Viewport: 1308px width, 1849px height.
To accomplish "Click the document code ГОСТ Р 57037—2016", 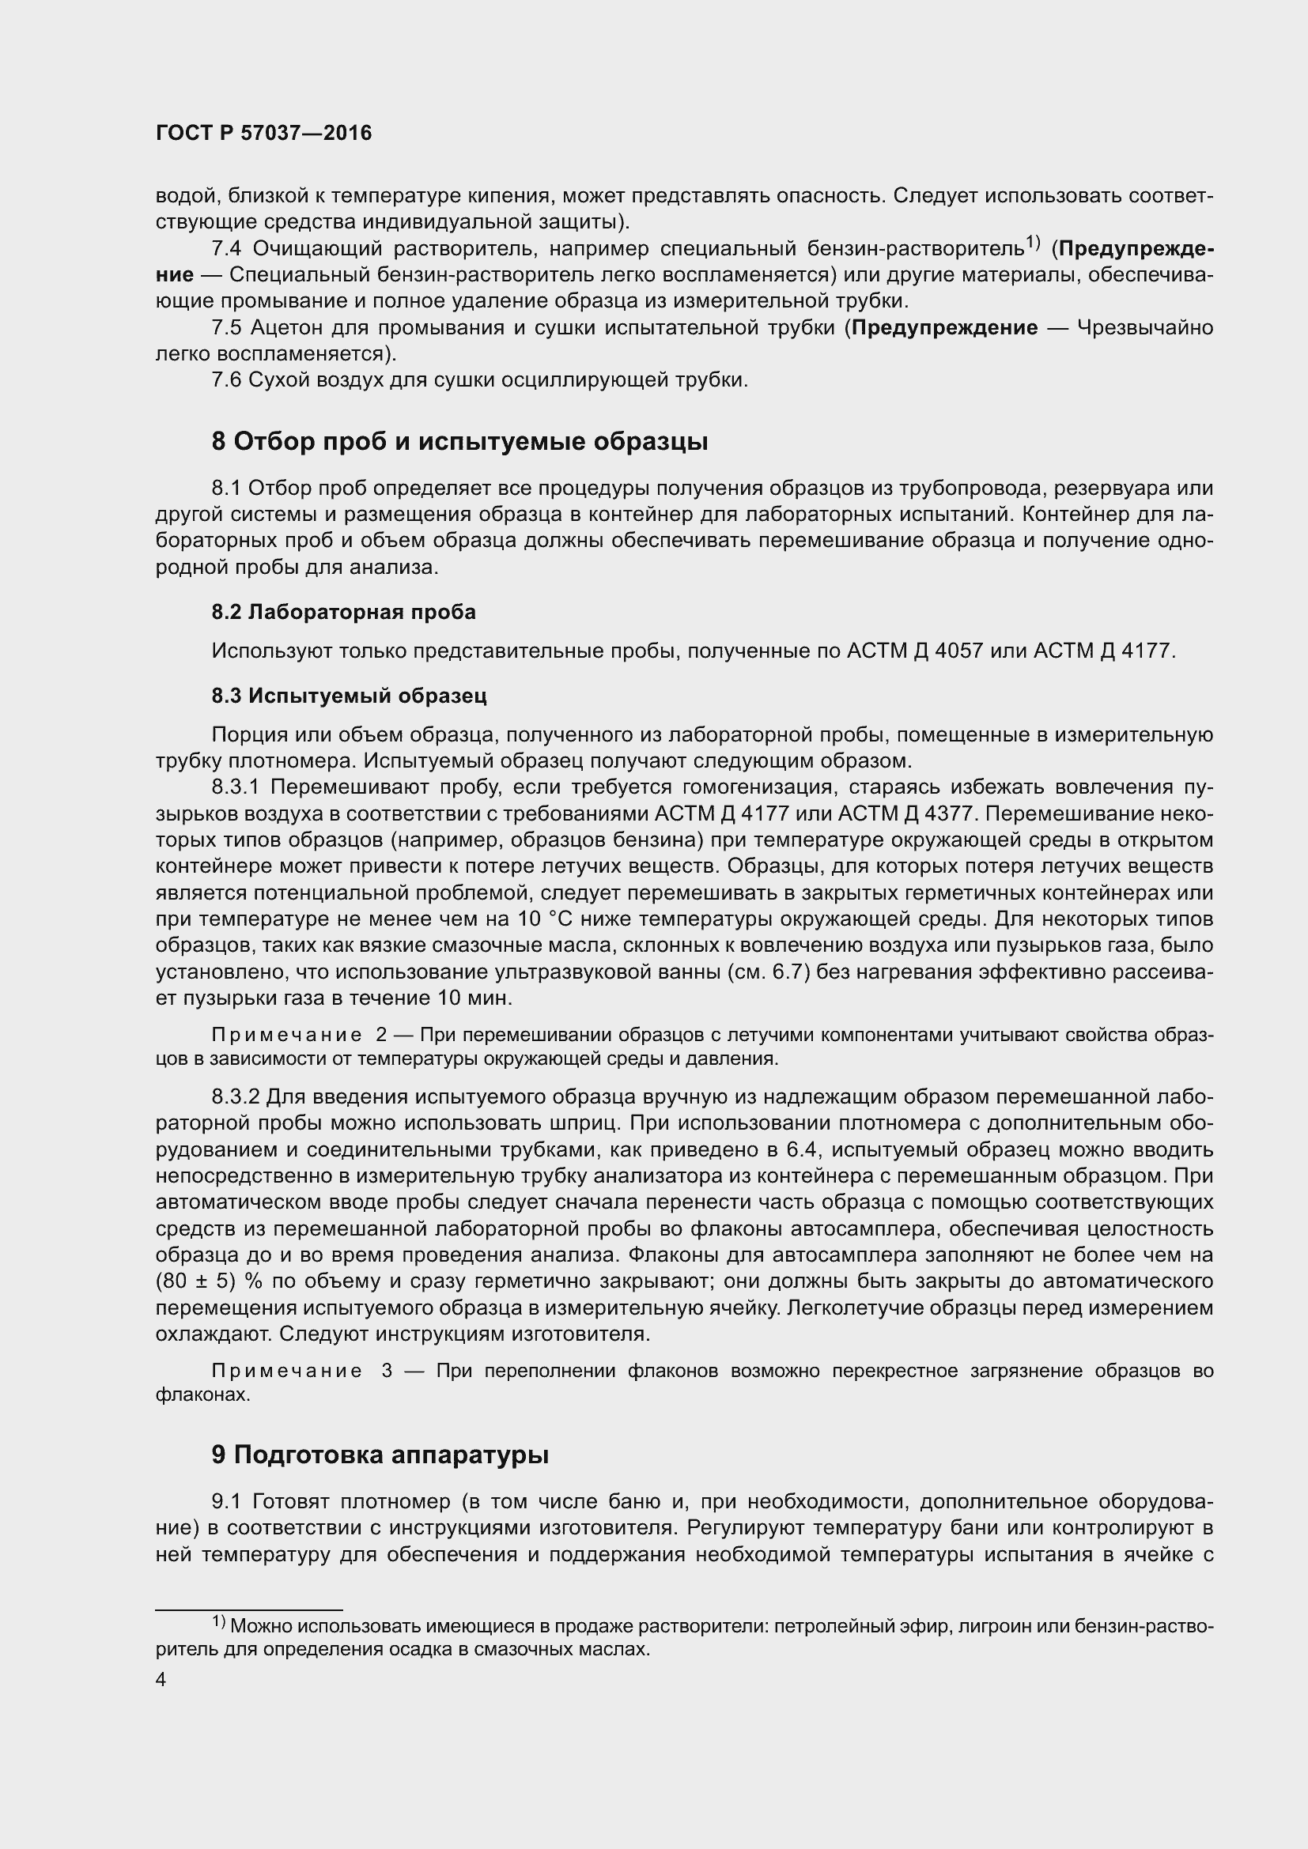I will pos(263,134).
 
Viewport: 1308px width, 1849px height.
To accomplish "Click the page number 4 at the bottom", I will pos(161,1680).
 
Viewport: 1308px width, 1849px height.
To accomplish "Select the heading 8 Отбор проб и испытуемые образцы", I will pos(460,442).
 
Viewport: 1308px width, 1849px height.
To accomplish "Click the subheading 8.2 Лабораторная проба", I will pos(343,612).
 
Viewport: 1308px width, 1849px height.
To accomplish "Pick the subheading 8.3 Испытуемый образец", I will pos(349,696).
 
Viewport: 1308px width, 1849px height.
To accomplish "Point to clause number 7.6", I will pos(226,380).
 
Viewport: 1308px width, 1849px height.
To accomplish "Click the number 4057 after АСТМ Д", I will pos(958,651).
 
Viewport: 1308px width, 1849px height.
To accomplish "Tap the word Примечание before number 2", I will pos(286,1035).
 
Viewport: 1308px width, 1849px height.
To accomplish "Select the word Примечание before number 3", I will pos(286,1372).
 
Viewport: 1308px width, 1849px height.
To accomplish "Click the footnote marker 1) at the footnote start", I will pos(219,1622).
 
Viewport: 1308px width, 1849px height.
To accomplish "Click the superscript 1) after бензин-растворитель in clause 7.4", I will pos(1034,242).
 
